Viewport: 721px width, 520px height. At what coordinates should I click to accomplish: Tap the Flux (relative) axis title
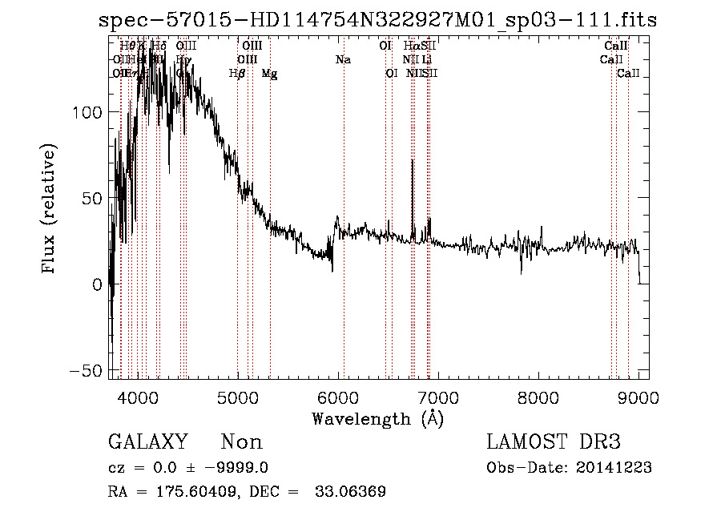(x=50, y=208)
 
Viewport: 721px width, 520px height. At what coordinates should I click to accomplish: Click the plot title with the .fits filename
(x=377, y=20)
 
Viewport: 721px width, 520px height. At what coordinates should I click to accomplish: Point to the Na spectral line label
(x=343, y=59)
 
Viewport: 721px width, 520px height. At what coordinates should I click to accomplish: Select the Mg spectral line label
(x=270, y=73)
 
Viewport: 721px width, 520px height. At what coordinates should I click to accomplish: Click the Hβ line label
(x=236, y=73)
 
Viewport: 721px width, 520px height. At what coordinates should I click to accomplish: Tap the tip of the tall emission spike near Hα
(x=413, y=160)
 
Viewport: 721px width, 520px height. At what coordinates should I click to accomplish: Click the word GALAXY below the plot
(x=148, y=442)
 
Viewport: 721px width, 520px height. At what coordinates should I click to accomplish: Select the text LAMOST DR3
(x=554, y=442)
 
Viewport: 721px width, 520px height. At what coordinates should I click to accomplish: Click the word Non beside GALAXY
(x=241, y=442)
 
